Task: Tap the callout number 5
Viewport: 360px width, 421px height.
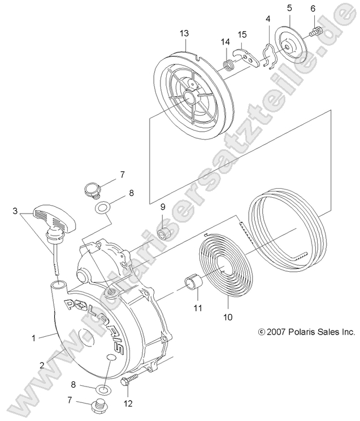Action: (289, 8)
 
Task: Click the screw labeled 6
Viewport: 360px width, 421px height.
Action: (316, 29)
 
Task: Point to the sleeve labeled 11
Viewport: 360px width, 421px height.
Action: (192, 281)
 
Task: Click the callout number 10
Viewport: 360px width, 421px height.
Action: (228, 317)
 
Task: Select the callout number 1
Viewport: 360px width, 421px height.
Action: (33, 338)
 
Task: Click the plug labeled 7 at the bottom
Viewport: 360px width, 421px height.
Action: (99, 406)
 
